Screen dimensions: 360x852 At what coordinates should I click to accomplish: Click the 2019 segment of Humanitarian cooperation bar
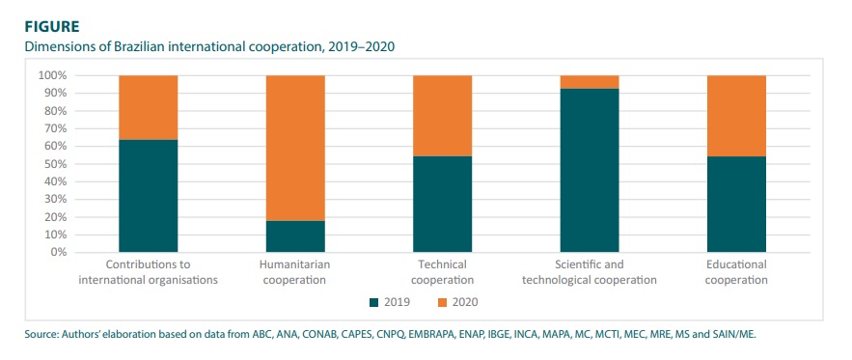pyautogui.click(x=294, y=236)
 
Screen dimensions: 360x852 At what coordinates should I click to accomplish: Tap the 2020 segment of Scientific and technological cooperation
pyautogui.click(x=589, y=82)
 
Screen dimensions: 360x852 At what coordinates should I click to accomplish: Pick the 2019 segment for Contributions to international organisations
pyautogui.click(x=148, y=196)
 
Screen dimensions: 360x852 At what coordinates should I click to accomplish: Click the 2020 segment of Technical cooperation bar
pyautogui.click(x=442, y=116)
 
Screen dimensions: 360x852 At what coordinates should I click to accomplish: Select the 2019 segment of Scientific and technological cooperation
pyautogui.click(x=589, y=170)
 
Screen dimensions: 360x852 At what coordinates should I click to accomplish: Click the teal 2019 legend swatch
pyautogui.click(x=374, y=303)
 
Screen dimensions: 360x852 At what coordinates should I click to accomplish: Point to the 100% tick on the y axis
pyautogui.click(x=52, y=75)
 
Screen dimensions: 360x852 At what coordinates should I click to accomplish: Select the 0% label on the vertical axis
pyautogui.click(x=58, y=252)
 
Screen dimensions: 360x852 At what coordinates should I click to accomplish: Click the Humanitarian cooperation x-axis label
pyautogui.click(x=294, y=272)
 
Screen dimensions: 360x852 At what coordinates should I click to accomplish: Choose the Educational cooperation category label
pyautogui.click(x=736, y=272)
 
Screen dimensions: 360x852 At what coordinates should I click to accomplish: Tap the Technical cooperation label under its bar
pyautogui.click(x=442, y=272)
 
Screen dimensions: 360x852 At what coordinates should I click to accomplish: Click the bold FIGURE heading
pyautogui.click(x=37, y=27)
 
